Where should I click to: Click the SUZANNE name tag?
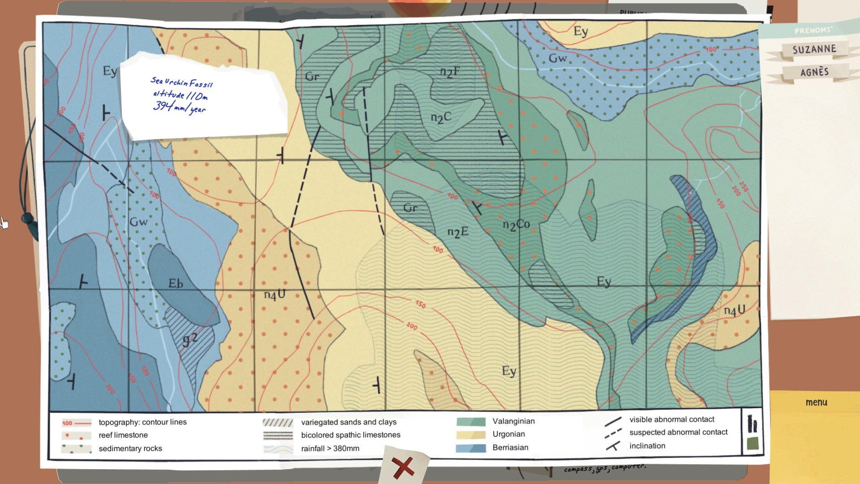[814, 49]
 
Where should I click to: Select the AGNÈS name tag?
[814, 72]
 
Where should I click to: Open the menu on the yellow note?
[816, 402]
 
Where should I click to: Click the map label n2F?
[449, 72]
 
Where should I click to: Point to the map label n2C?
[441, 118]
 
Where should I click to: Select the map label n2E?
[458, 232]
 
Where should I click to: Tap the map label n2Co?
[516, 225]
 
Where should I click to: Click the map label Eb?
[176, 284]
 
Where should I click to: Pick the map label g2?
[190, 340]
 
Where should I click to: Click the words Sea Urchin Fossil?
[181, 82]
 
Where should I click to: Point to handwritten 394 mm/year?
[179, 107]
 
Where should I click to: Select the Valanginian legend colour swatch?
[471, 422]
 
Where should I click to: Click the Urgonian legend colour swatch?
[471, 435]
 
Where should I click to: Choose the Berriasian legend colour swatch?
[471, 448]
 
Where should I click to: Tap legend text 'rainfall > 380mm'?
[330, 448]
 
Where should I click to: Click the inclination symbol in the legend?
[613, 446]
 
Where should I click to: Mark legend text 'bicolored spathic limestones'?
[351, 435]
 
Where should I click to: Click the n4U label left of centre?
[275, 294]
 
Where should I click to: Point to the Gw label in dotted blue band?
[558, 58]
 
